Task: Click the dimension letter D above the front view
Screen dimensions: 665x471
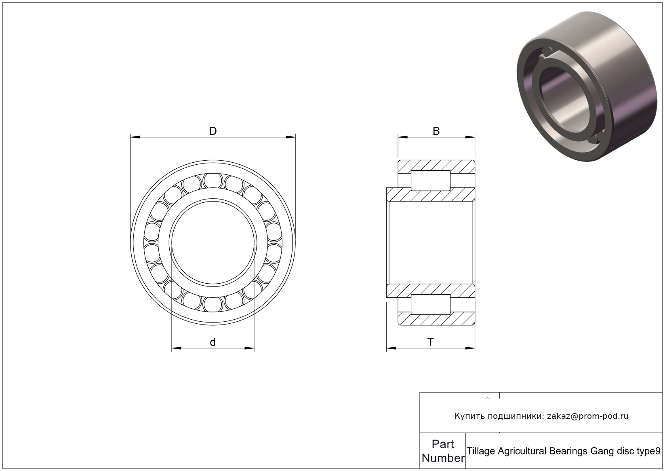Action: tap(213, 131)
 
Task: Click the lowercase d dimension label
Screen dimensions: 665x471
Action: tap(213, 342)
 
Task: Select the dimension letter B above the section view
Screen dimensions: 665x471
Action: tap(436, 131)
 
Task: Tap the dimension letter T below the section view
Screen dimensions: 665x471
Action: tap(430, 342)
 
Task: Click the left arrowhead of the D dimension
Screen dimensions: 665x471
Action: tap(135, 137)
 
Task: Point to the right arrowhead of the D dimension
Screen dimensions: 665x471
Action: tap(290, 137)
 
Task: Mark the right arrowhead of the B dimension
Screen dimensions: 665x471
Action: tap(470, 137)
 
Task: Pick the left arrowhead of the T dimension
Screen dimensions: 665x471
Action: tap(391, 348)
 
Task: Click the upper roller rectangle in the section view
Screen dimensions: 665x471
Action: tap(430, 180)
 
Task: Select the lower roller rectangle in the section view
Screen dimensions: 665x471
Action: tap(430, 304)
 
